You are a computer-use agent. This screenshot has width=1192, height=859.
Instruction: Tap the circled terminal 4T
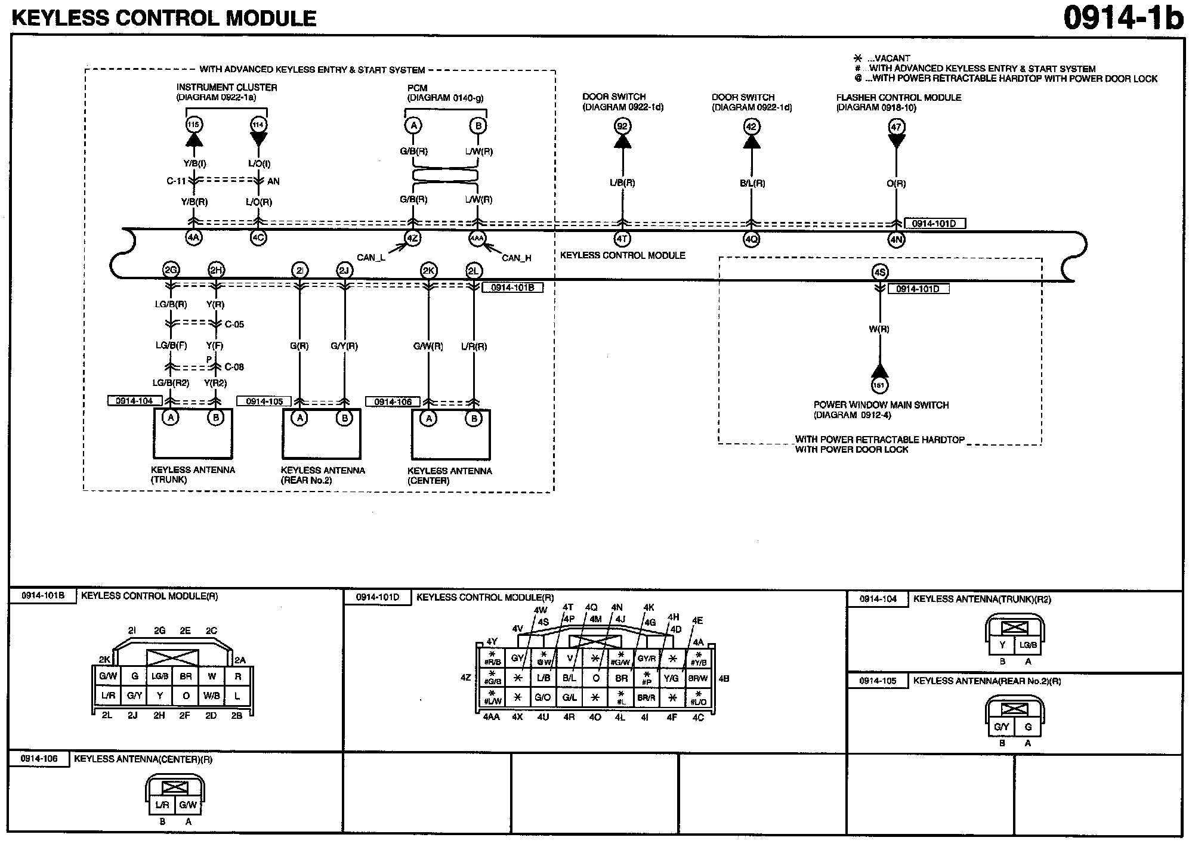coord(622,239)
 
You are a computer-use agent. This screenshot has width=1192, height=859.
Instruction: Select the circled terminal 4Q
coord(751,239)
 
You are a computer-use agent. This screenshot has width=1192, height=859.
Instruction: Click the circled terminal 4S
coord(879,273)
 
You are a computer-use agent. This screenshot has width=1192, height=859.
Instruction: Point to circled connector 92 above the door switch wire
coord(622,126)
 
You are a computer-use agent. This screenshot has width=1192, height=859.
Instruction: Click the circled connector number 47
coord(896,126)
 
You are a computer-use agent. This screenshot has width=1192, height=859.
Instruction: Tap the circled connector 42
coord(751,126)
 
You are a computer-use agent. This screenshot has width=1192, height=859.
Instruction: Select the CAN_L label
coord(371,258)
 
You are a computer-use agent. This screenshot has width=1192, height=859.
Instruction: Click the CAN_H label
coord(516,258)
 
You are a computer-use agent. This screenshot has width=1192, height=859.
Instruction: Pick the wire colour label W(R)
coord(879,329)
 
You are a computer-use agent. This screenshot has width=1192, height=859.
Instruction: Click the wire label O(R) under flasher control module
coord(896,184)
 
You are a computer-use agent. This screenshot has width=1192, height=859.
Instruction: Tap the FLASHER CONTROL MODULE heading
coord(898,97)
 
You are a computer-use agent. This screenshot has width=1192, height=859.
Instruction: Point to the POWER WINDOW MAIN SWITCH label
coord(881,405)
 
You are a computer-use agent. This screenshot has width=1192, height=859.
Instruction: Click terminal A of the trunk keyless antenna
coord(171,418)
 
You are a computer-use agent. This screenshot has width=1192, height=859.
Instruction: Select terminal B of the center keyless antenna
coord(474,419)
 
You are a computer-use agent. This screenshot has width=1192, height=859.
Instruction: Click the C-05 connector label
coord(234,325)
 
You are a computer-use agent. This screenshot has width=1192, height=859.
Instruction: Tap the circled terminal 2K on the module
coord(428,270)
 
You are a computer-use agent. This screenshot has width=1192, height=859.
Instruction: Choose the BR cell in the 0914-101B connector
coord(186,676)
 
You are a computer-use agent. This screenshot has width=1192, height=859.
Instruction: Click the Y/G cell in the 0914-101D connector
coord(671,678)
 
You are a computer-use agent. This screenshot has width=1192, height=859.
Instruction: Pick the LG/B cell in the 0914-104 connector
coord(1028,645)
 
